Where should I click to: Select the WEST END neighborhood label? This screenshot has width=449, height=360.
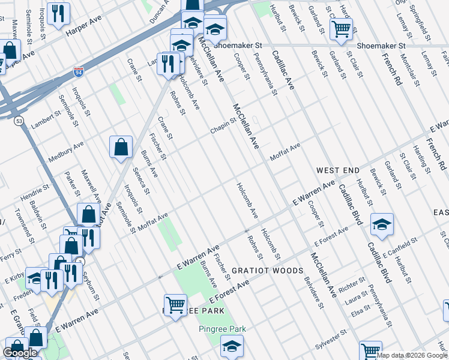(338, 171)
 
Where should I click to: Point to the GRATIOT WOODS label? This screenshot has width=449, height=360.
(268, 271)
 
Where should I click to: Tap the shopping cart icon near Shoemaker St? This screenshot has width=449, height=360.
(341, 28)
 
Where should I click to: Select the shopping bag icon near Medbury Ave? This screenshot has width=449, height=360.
(121, 146)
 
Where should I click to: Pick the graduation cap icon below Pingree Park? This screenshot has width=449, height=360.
(232, 346)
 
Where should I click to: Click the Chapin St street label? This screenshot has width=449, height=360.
(223, 126)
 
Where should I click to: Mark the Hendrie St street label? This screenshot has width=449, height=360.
(34, 193)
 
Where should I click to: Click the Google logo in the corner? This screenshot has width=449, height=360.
(20, 353)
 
